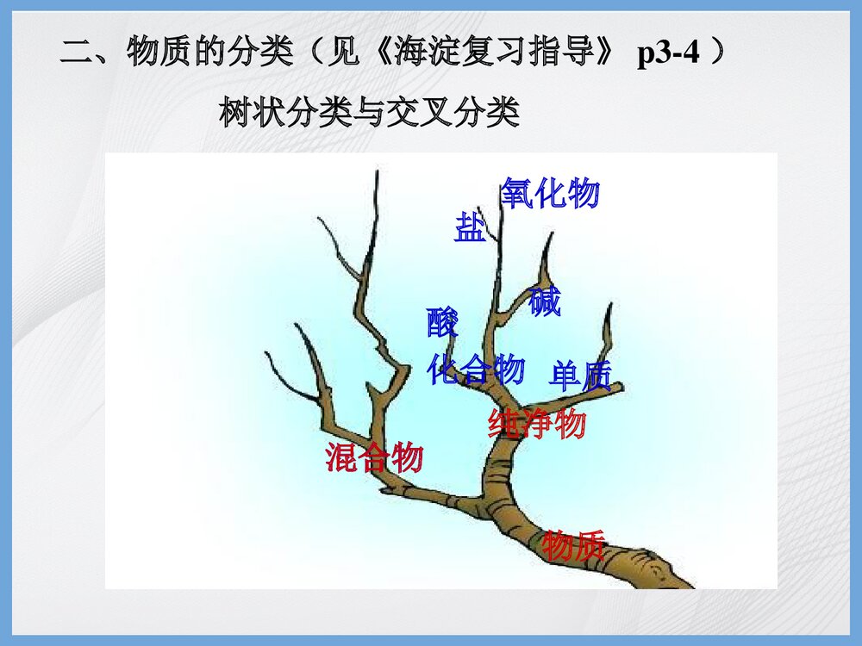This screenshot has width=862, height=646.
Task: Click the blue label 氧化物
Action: (550, 194)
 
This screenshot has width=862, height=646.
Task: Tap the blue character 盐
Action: (470, 229)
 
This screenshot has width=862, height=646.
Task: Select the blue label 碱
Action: (545, 302)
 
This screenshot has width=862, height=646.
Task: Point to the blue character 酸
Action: (442, 323)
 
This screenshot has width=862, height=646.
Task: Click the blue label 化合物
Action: (476, 370)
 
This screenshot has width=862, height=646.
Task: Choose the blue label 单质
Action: (580, 376)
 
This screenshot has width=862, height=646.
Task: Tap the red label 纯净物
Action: (537, 424)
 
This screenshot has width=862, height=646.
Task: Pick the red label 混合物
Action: (374, 457)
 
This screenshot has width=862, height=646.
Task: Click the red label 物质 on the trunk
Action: (573, 545)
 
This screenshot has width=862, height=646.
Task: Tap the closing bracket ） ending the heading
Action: (721, 55)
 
